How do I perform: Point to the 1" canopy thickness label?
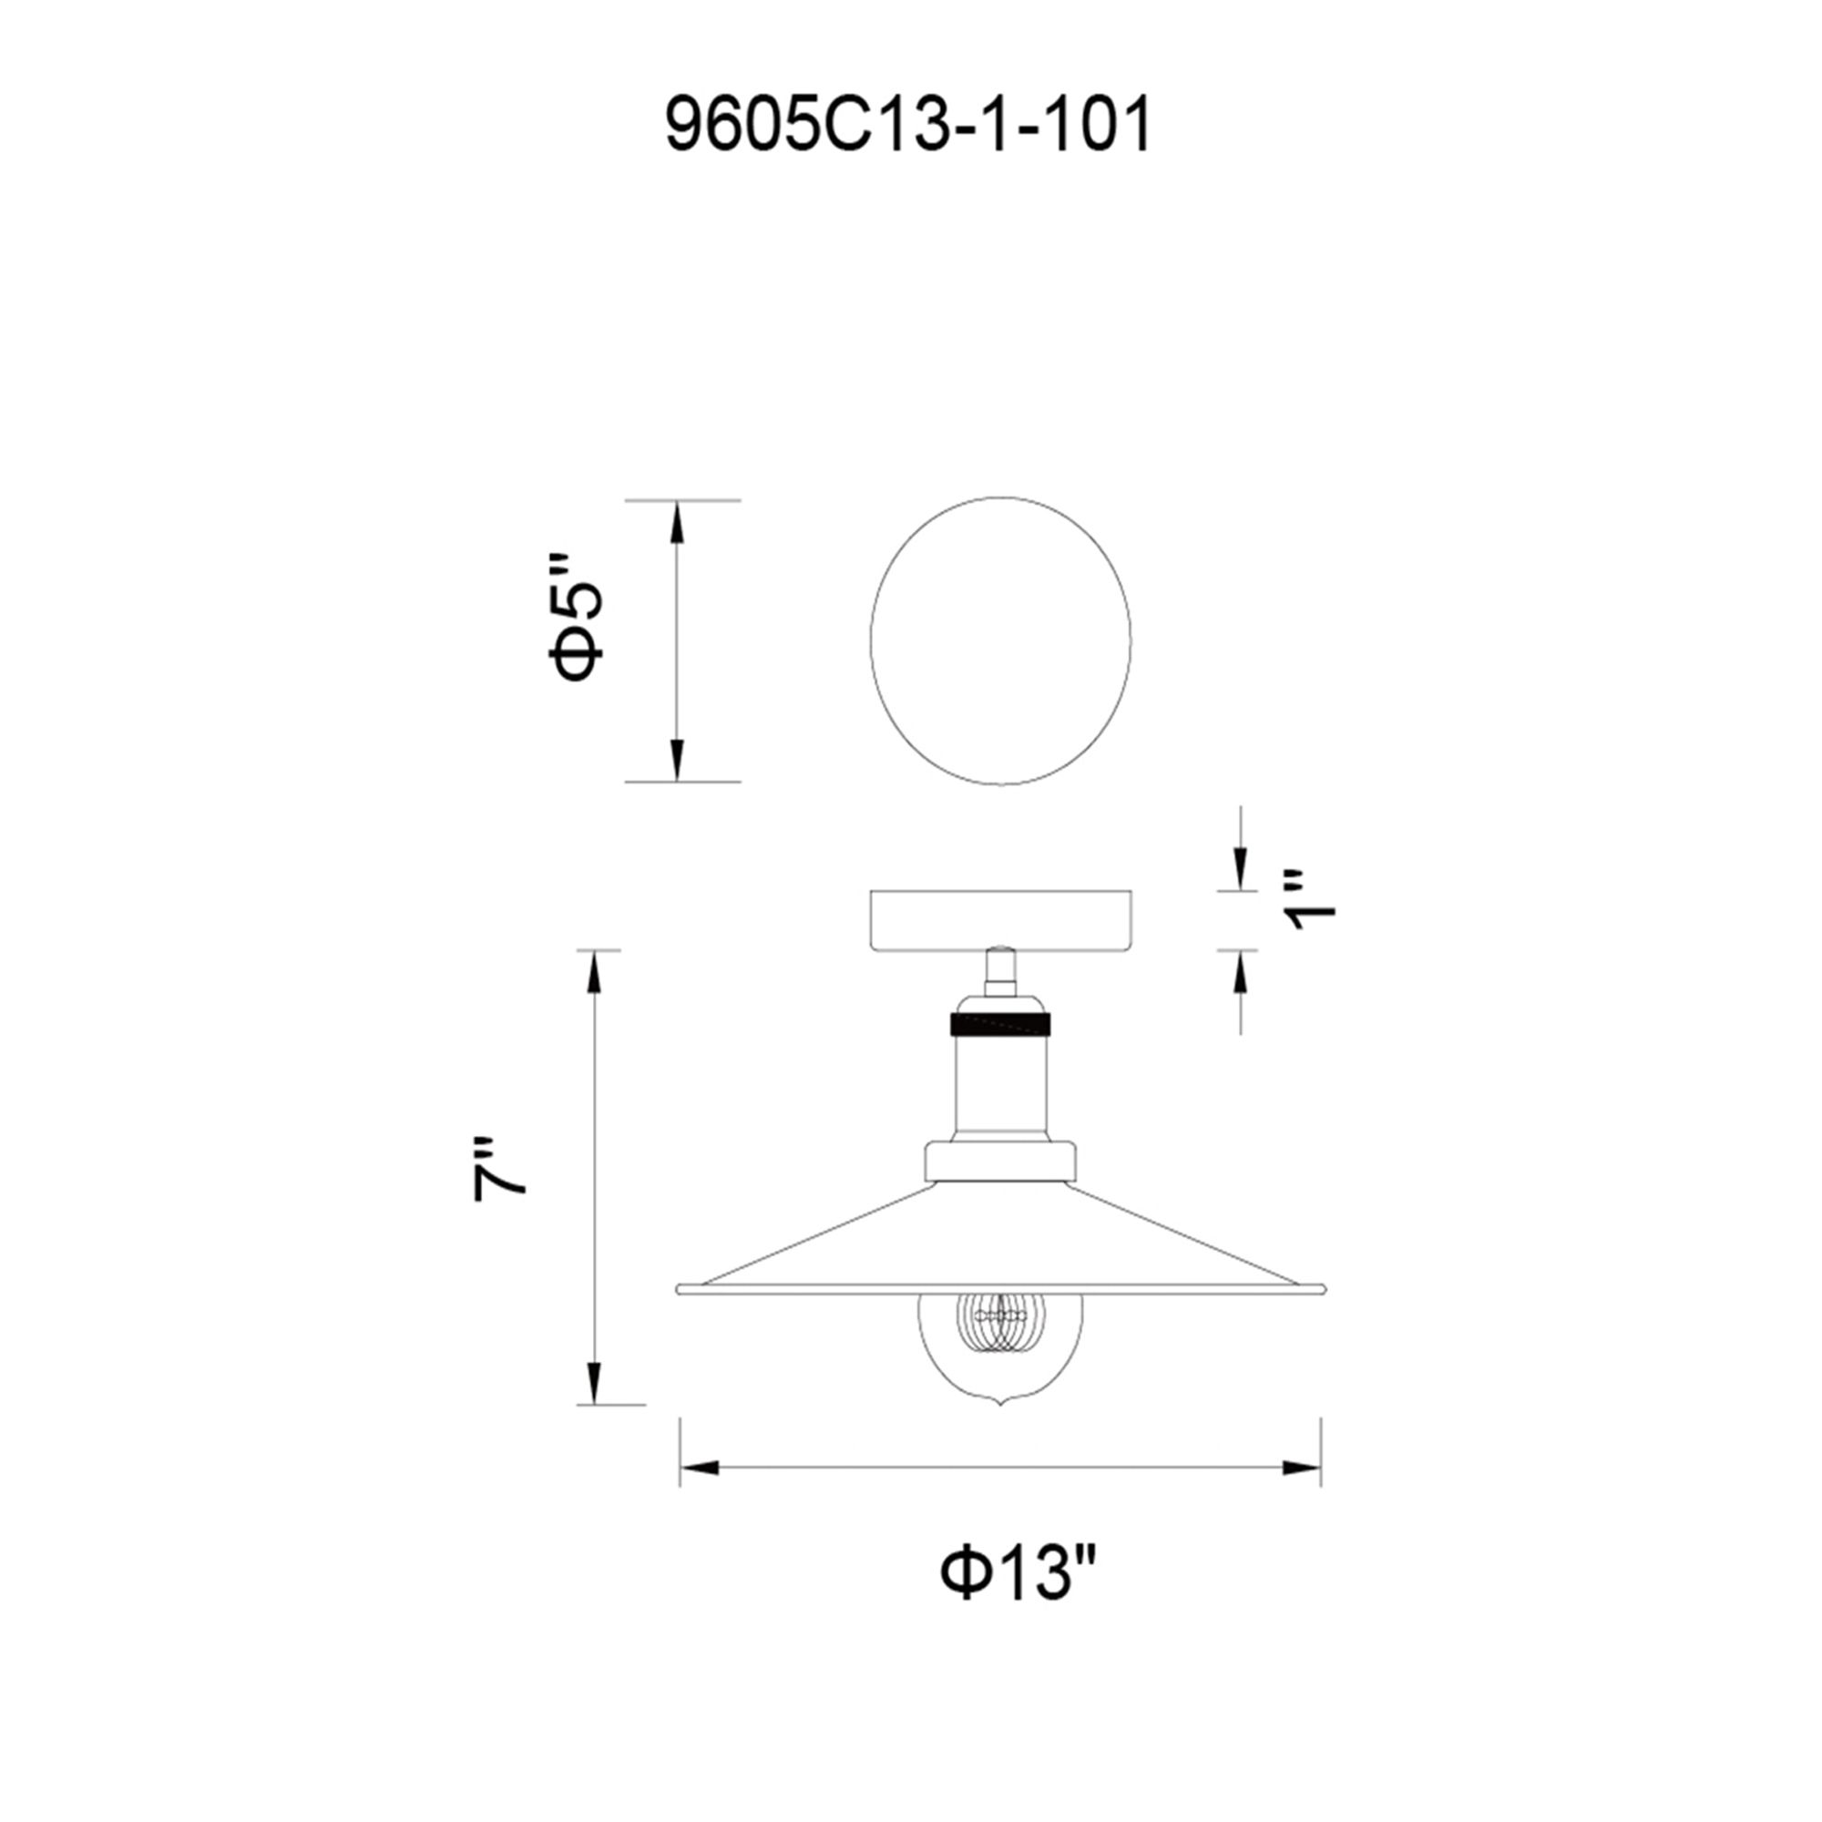pos(1312,901)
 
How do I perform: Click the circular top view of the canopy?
pos(999,641)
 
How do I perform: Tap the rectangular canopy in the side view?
pos(1000,919)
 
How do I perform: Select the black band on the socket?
pos(1000,1023)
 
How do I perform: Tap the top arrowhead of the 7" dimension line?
pos(592,971)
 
